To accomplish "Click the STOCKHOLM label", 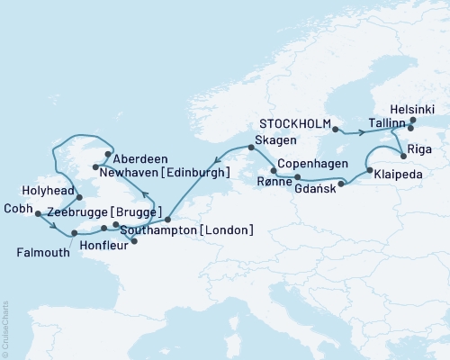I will tap(293, 122).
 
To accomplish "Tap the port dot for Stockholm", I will tap(336, 130).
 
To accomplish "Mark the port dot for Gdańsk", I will tap(341, 184).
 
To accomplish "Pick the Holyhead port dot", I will tap(79, 197).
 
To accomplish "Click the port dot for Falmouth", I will tap(73, 232).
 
